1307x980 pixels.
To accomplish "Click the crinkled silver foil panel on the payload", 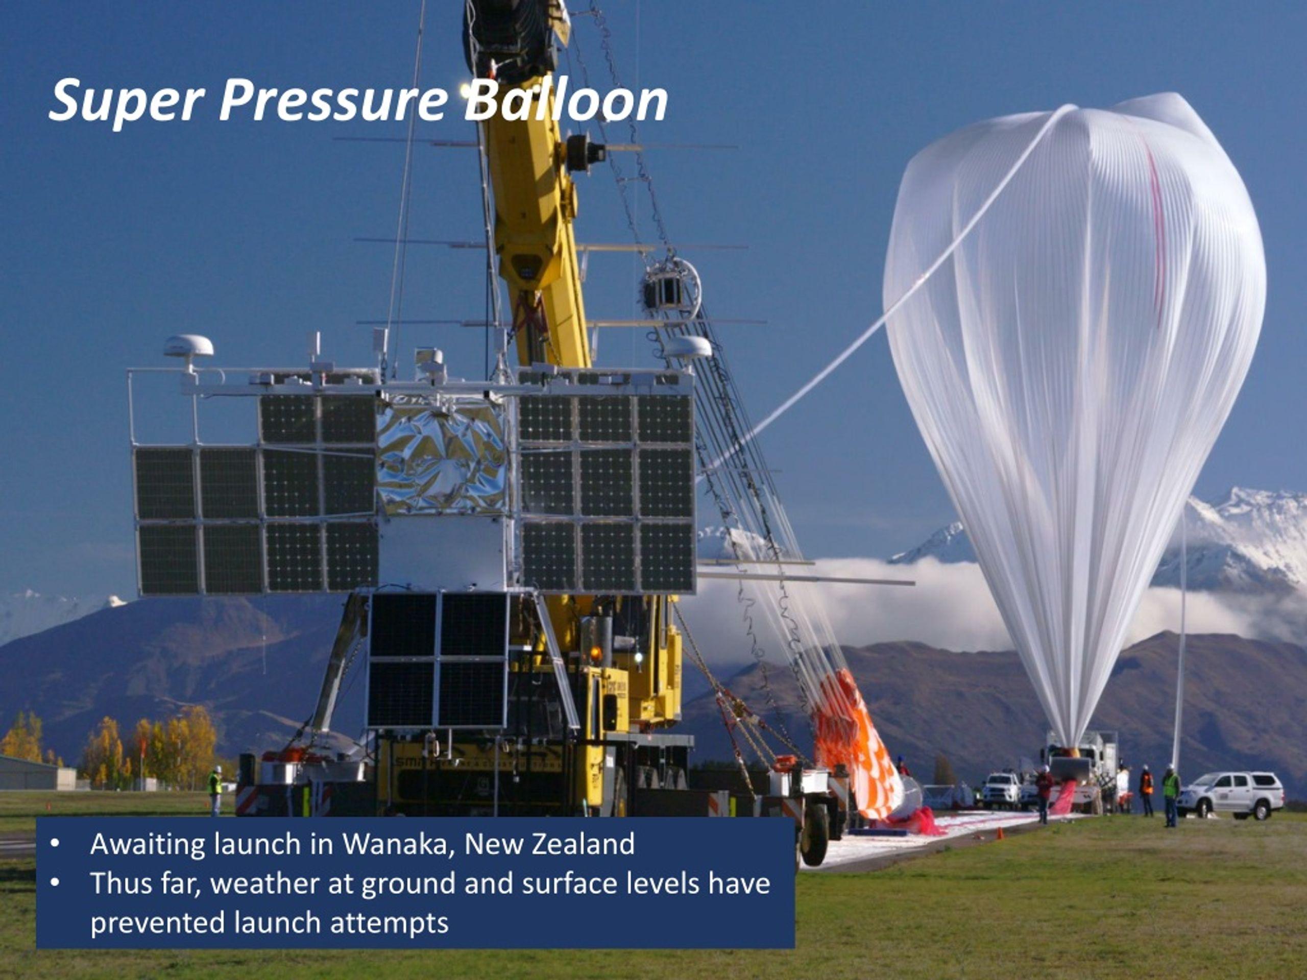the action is [442, 458].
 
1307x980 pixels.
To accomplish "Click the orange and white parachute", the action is [854, 747].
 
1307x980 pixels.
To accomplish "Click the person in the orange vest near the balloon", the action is [1146, 792].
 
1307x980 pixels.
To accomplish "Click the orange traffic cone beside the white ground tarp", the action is [1000, 834].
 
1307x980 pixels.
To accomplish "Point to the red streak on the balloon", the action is [1155, 230].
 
